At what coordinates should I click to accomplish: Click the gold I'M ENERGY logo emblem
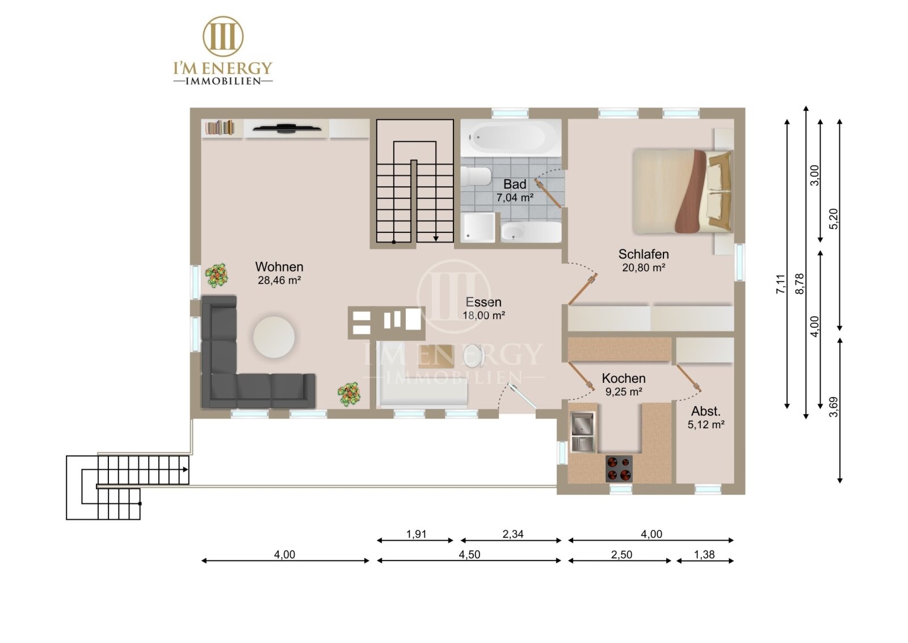tap(223, 36)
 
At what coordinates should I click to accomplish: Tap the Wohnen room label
tap(279, 266)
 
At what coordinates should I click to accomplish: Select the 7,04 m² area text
tap(515, 198)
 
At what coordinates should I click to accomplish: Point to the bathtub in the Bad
tap(511, 138)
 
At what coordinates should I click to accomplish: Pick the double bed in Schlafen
tap(683, 191)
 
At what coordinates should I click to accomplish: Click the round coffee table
tap(274, 337)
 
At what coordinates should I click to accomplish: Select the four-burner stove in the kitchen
tap(619, 469)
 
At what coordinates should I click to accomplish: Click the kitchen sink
tap(583, 432)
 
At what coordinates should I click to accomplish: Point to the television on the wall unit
tap(287, 128)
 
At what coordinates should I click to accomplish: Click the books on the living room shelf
tap(220, 127)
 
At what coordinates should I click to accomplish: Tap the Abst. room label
tap(706, 411)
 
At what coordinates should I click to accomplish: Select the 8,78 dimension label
tap(800, 284)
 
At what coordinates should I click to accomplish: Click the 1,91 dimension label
tap(417, 534)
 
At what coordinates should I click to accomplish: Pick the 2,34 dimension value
tap(513, 534)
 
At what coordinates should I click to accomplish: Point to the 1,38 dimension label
tap(704, 554)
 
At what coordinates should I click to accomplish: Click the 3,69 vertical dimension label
tap(834, 407)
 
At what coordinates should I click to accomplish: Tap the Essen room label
tap(483, 302)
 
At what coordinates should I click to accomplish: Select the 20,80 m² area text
tap(644, 268)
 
